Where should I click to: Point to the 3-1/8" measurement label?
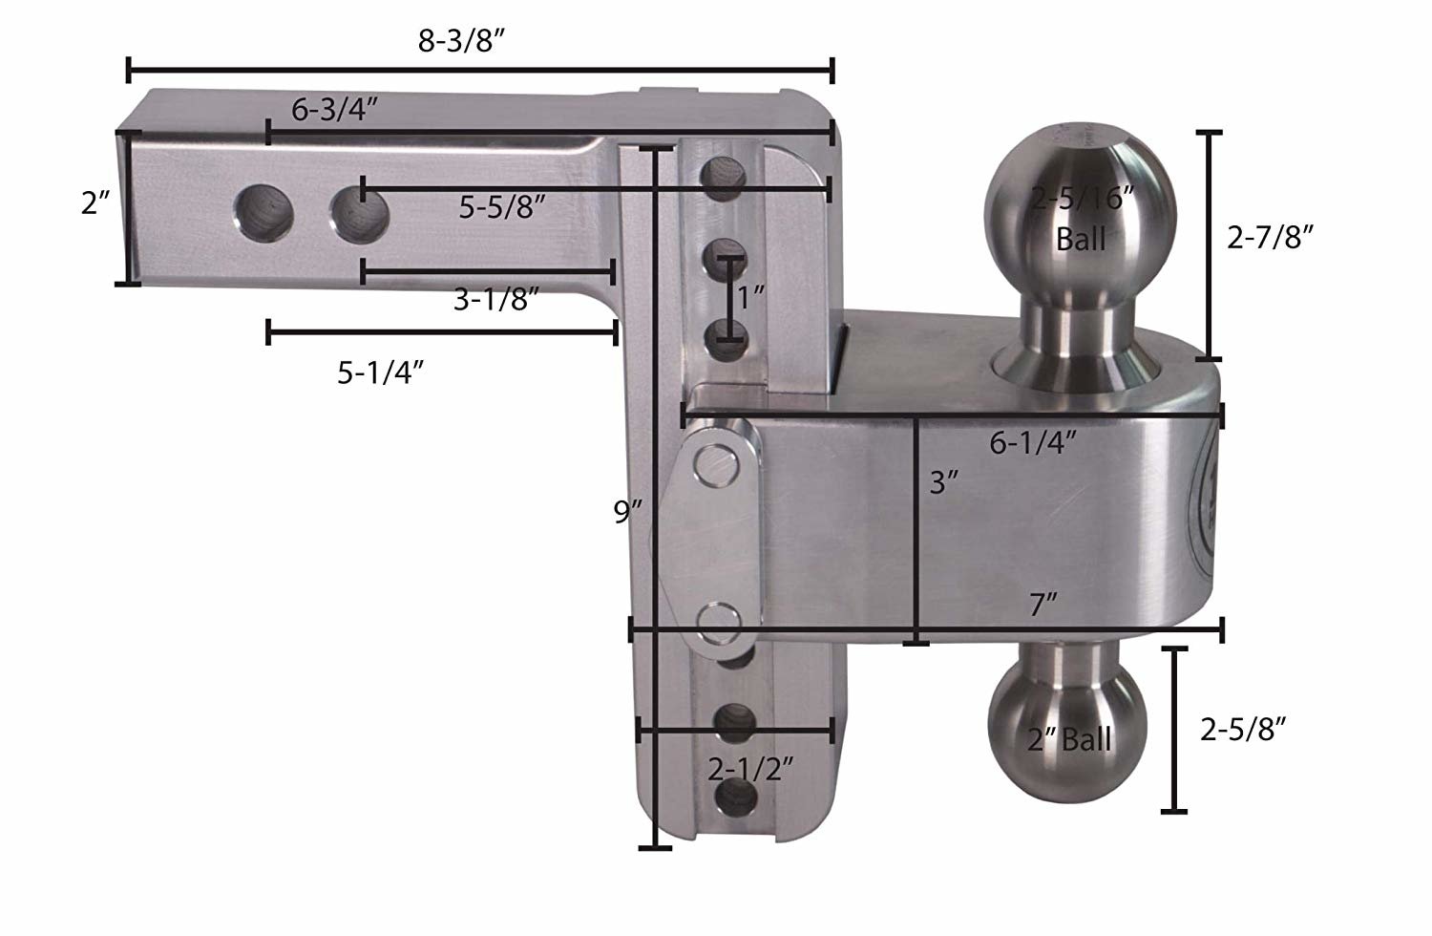pyautogui.click(x=496, y=300)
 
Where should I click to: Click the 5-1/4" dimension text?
pyautogui.click(x=380, y=372)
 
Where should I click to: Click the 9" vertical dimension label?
pyautogui.click(x=630, y=513)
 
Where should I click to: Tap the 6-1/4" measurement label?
pyautogui.click(x=1034, y=442)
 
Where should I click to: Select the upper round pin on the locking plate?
pyautogui.click(x=718, y=463)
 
